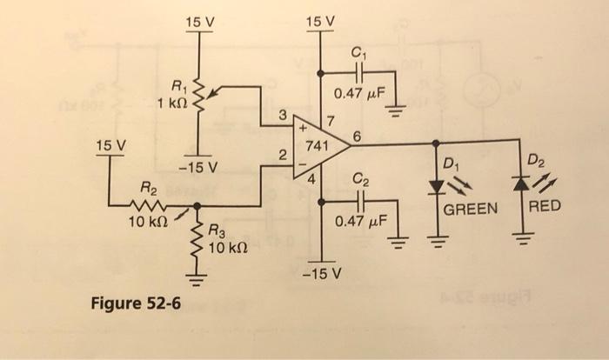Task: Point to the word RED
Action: (545, 206)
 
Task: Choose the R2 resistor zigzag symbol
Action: (151, 206)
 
